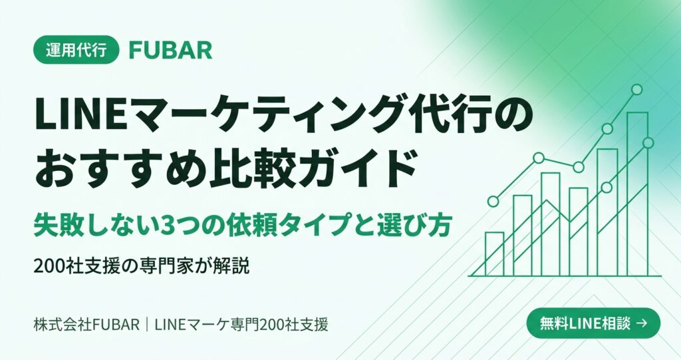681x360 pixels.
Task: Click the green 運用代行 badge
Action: (x=76, y=50)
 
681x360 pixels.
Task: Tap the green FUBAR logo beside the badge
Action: (x=171, y=51)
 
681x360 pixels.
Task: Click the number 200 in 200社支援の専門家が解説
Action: (x=49, y=266)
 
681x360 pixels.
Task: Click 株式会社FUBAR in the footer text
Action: (x=86, y=325)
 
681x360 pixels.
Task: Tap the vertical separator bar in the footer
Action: (x=147, y=325)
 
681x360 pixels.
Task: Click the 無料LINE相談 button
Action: (x=593, y=323)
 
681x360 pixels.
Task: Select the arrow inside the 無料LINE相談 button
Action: (x=641, y=323)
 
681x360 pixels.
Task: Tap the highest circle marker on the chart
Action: (x=636, y=90)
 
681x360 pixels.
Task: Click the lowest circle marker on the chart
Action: (x=493, y=202)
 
